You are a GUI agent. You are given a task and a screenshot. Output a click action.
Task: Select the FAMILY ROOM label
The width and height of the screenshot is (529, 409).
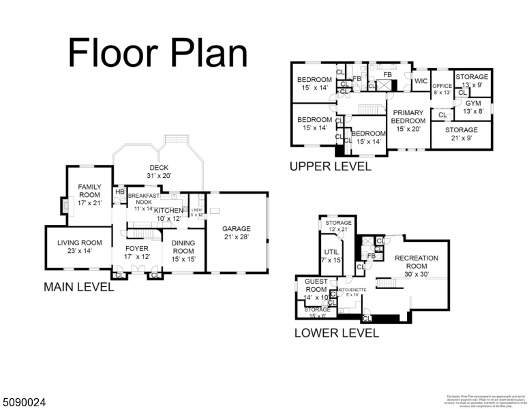click(89, 191)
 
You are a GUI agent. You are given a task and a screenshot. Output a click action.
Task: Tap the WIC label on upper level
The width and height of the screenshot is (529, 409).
click(421, 82)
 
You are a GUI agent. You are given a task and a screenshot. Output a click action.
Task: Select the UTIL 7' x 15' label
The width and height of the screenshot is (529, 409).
click(331, 256)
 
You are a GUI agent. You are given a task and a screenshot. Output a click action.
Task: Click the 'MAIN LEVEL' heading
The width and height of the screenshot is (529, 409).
click(79, 288)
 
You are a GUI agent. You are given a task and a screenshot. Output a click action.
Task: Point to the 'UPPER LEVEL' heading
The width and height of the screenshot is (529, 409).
click(331, 166)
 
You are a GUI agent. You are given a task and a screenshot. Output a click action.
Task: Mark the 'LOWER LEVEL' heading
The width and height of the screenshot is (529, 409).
click(336, 333)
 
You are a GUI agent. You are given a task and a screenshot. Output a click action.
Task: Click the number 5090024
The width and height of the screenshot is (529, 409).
click(25, 402)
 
